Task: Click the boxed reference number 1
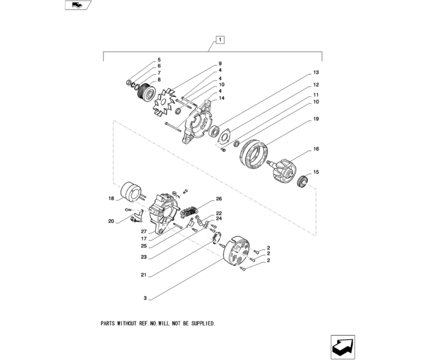pyautogui.click(x=220, y=39)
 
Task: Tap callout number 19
pyautogui.click(x=316, y=119)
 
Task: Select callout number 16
pyautogui.click(x=316, y=149)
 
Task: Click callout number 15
pyautogui.click(x=316, y=172)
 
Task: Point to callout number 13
pyautogui.click(x=316, y=72)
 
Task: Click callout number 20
pyautogui.click(x=111, y=222)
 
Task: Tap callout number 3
pyautogui.click(x=145, y=299)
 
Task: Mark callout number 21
pyautogui.click(x=144, y=275)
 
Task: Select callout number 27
pyautogui.click(x=143, y=231)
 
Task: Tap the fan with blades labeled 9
pyautogui.click(x=164, y=104)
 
